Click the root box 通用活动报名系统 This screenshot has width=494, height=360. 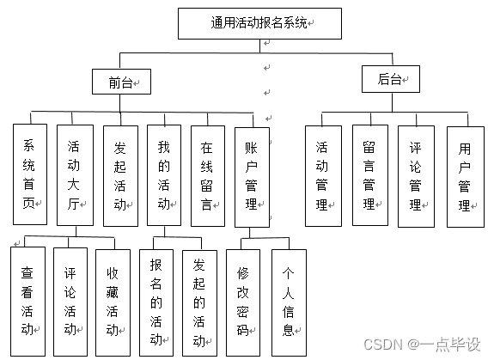[260, 24]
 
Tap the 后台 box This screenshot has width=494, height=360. [391, 80]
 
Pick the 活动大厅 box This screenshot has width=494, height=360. [75, 174]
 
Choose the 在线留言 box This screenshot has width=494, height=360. [207, 174]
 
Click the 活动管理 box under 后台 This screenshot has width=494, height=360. [323, 175]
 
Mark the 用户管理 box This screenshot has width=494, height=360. [465, 175]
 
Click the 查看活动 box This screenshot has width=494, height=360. [28, 301]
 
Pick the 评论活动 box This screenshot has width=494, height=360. [70, 301]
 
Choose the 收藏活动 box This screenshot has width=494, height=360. [113, 301]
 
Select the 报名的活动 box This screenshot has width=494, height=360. [156, 302]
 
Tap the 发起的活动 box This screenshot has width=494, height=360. [199, 302]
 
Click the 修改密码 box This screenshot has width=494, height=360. [244, 302]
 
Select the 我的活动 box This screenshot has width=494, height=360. [163, 174]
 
